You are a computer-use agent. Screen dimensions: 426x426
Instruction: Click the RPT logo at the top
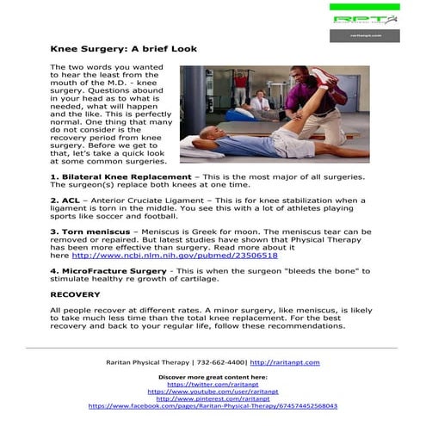tap(362, 18)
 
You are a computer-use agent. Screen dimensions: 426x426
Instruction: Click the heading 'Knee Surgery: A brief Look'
tap(123, 49)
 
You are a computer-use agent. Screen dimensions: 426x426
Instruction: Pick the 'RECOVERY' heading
tap(76, 294)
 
